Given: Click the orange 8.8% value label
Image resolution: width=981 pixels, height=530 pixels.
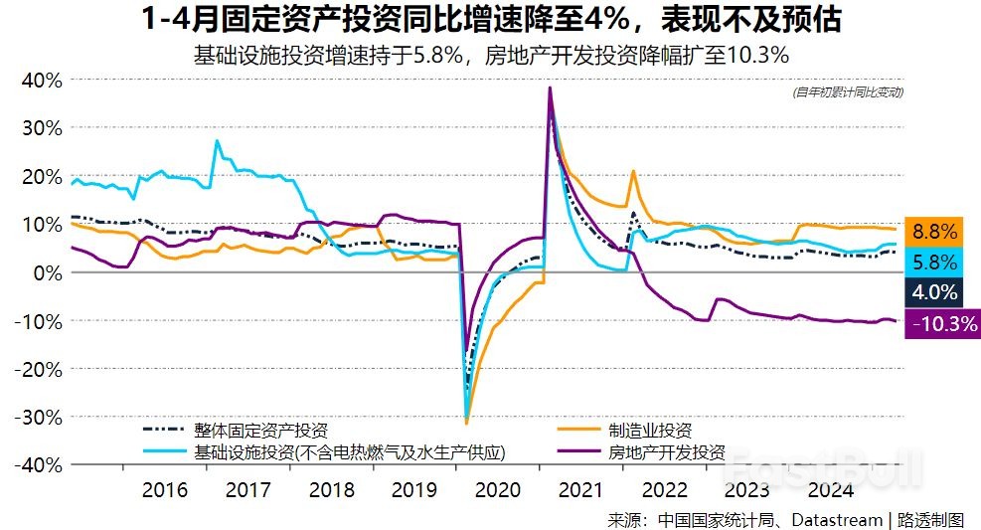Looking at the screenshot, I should tap(934, 232).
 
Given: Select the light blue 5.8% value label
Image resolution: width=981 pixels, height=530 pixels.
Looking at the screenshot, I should tap(934, 262).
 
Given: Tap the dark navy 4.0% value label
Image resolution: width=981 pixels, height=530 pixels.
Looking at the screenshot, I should tap(934, 292).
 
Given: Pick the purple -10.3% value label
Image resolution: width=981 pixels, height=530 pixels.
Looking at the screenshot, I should tap(942, 323).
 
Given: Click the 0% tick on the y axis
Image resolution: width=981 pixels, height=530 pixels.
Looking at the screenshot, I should tap(47, 272).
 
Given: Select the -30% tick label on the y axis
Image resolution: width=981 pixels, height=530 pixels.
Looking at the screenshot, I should tap(39, 417).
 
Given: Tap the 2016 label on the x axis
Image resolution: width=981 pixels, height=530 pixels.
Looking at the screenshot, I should tap(164, 489).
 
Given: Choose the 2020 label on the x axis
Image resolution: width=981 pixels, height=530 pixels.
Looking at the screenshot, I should tap(498, 489).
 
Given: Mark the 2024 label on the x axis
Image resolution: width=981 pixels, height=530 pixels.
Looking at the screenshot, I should tap(831, 489).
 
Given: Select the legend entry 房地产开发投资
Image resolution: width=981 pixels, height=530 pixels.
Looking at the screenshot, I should tap(666, 452).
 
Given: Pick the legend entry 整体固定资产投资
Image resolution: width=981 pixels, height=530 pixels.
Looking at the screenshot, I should tap(260, 431).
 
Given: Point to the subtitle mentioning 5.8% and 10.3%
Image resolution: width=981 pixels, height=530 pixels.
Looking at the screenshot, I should tap(491, 55).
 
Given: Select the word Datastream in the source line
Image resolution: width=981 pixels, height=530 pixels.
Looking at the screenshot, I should tap(841, 519).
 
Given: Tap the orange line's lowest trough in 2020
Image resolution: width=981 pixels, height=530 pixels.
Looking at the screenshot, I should tap(466, 423).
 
